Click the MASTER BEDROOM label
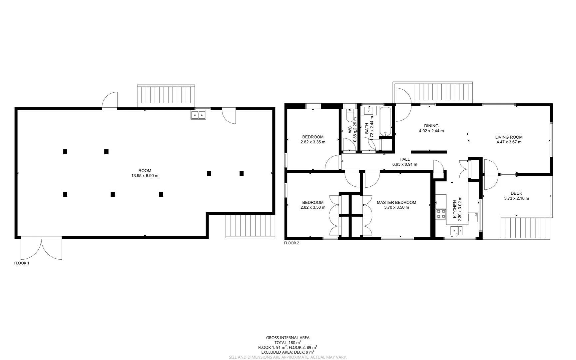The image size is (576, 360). coord(396,202)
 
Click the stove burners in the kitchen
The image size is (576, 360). coord(441,214)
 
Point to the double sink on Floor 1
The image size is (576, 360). coord(199,115)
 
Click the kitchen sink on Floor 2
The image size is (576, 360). coord(456,230)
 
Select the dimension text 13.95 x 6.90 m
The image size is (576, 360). coord(145,176)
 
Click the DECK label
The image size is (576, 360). coord(516,193)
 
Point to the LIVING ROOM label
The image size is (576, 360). coord(509,137)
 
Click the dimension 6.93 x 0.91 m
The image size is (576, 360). coord(404,164)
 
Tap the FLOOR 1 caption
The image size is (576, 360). coord(22,263)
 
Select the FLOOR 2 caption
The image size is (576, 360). coord(291,243)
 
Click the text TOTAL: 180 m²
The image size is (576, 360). coord(288,342)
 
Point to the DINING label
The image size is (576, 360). coord(431,126)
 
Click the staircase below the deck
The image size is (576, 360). coord(525,228)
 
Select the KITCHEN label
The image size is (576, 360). coord(454,209)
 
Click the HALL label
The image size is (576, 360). coord(404,159)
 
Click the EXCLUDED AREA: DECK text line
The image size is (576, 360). coord(288,352)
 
